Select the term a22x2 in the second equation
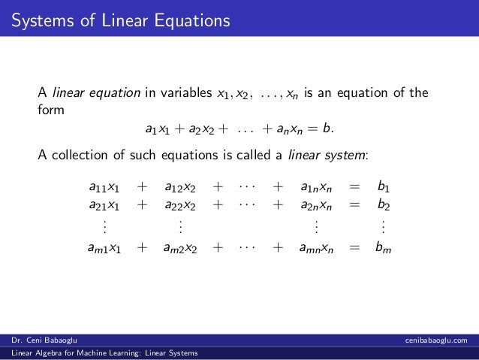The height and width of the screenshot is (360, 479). click(x=180, y=205)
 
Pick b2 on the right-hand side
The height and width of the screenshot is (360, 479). click(x=383, y=205)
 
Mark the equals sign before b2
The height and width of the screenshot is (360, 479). click(x=355, y=205)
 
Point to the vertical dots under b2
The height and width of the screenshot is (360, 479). click(x=383, y=225)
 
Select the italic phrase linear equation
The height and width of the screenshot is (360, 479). click(x=97, y=93)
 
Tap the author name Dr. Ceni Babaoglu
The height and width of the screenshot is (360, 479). click(x=44, y=339)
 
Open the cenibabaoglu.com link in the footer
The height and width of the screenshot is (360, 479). click(x=435, y=339)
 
